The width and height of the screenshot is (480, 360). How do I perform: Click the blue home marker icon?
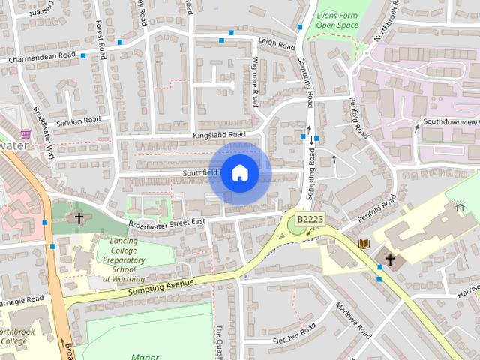click(x=239, y=173)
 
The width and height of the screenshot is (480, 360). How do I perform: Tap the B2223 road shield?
click(x=310, y=219)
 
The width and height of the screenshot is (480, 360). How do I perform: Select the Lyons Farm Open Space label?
click(x=337, y=19)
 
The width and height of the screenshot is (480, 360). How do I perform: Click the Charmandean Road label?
click(x=42, y=57)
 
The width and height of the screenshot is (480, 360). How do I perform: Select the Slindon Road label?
click(x=78, y=120)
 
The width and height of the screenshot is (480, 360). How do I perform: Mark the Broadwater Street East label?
click(x=166, y=223)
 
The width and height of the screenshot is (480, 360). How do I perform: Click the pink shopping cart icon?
click(x=26, y=134)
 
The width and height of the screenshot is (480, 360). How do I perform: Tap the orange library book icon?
click(x=364, y=244)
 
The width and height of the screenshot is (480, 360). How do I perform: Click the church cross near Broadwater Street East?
click(x=79, y=218)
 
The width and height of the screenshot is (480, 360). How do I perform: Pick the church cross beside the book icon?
click(x=390, y=259)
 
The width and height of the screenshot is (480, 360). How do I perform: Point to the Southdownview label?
click(x=450, y=121)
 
